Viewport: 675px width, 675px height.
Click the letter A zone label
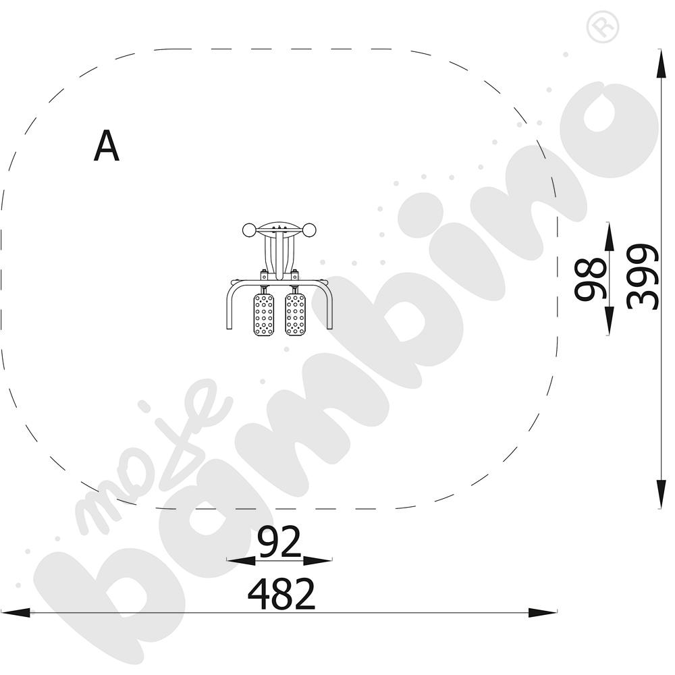107,146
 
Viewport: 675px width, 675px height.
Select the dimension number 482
281,593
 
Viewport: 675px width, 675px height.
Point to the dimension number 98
591,279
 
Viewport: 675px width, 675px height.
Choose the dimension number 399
643,277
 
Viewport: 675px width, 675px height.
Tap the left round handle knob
249,230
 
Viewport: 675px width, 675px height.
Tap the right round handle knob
310,230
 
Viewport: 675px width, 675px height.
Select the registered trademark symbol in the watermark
603,27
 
